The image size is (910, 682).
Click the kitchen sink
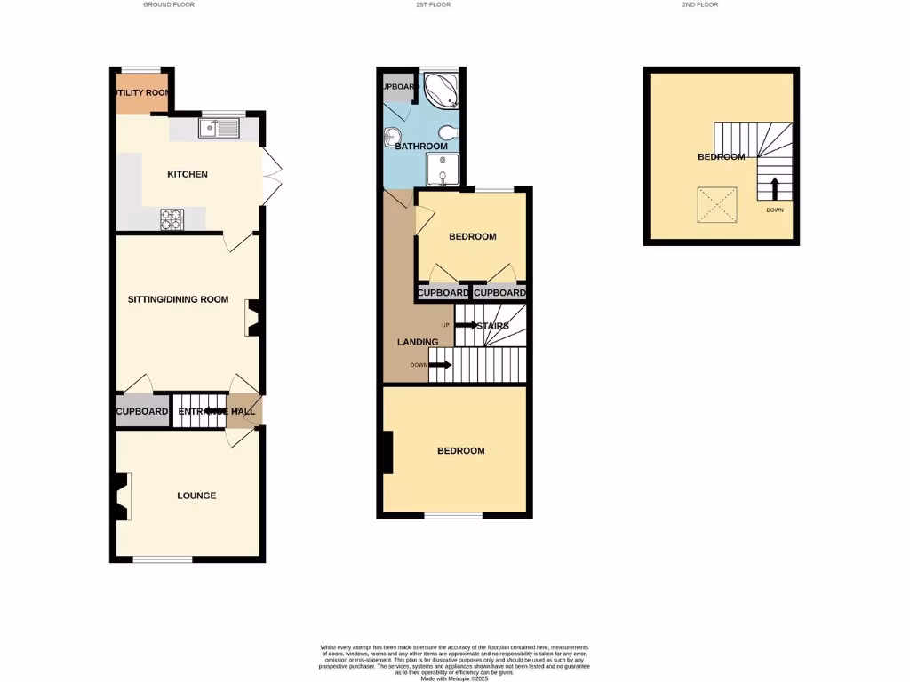pyautogui.click(x=219, y=130)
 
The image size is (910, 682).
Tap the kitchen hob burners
pyautogui.click(x=172, y=219)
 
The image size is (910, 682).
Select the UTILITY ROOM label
pyautogui.click(x=141, y=92)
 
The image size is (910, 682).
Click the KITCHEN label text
pyautogui.click(x=188, y=174)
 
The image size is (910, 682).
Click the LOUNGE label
pyautogui.click(x=196, y=496)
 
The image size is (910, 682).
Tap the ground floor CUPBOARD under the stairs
pyautogui.click(x=142, y=412)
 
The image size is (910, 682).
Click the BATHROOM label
pyautogui.click(x=421, y=147)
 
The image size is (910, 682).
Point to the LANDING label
pyautogui.click(x=418, y=342)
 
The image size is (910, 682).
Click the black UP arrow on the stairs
pyautogui.click(x=467, y=325)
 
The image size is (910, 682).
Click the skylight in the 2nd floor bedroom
pyautogui.click(x=717, y=205)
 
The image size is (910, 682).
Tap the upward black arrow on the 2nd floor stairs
pyautogui.click(x=774, y=189)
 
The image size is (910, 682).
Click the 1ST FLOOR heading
pyautogui.click(x=433, y=5)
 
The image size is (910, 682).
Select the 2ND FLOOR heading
pyautogui.click(x=699, y=5)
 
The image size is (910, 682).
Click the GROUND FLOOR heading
pyautogui.click(x=169, y=5)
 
